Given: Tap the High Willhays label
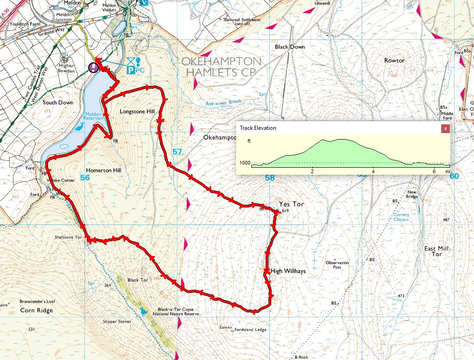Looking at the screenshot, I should (x=288, y=271).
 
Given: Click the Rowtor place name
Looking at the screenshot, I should (x=394, y=61).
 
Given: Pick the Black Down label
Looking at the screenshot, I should (x=289, y=47).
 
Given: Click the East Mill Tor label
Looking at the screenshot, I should (x=436, y=251).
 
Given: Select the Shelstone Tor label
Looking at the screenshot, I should (x=68, y=237).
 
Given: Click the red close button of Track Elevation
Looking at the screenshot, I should (x=445, y=128).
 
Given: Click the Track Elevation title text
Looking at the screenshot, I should (x=258, y=128).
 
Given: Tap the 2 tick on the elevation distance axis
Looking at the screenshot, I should (x=312, y=172).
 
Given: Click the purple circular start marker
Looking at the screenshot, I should (x=93, y=67).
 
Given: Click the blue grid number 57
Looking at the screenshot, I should (x=177, y=152).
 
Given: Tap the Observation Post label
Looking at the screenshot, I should (x=337, y=265).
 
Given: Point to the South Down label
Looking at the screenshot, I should (x=58, y=102).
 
